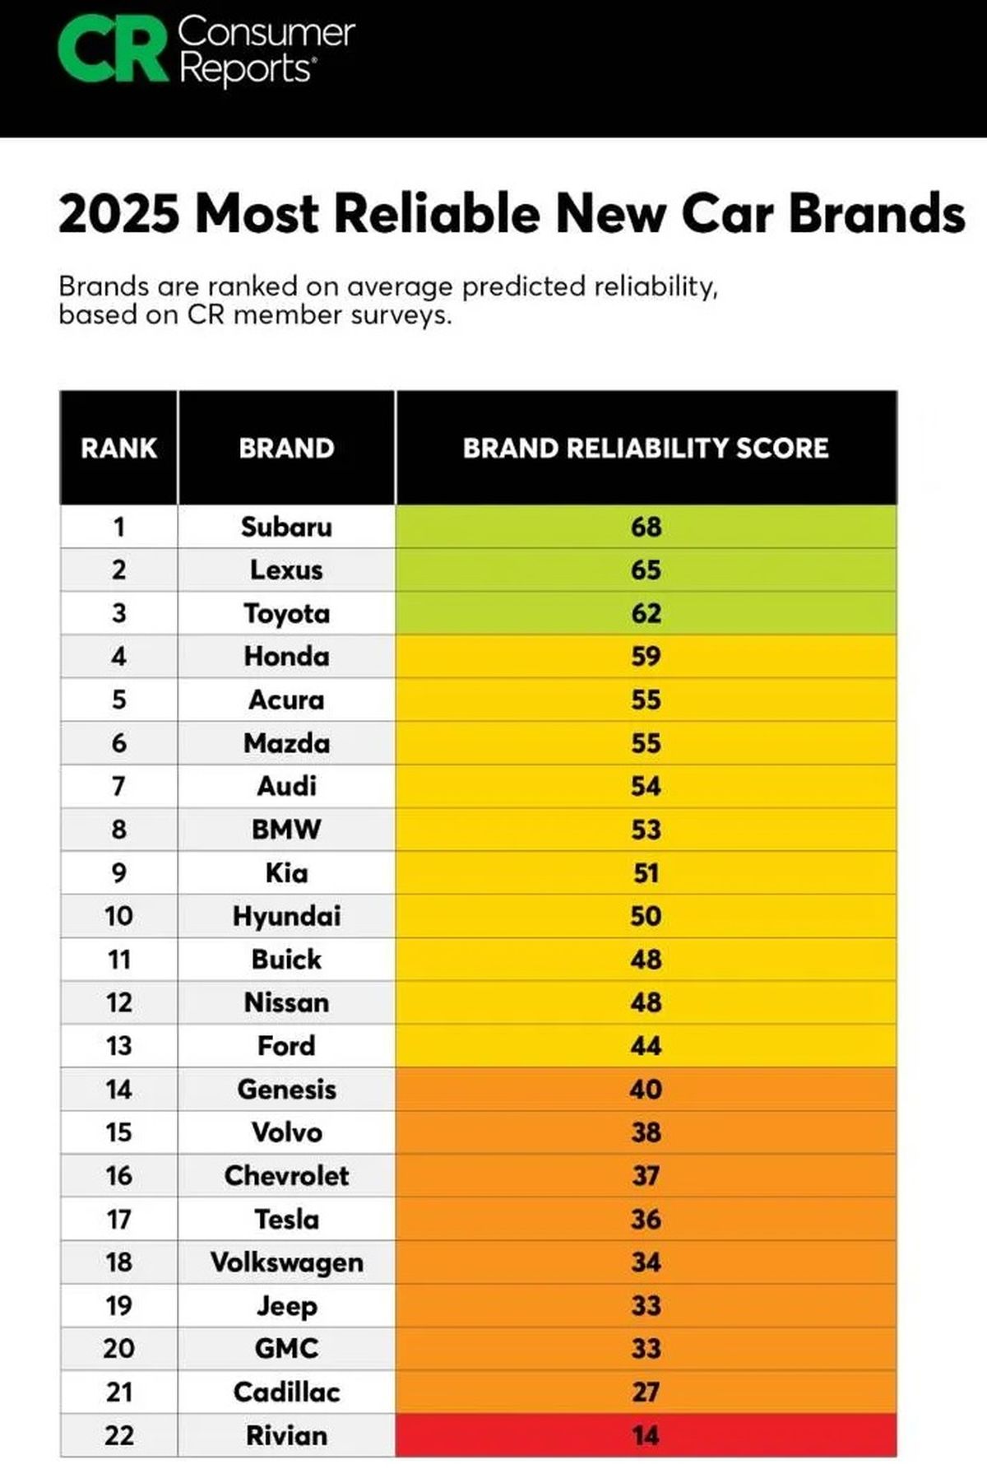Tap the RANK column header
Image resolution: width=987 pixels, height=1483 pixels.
tap(118, 449)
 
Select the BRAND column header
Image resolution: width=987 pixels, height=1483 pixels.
tap(286, 449)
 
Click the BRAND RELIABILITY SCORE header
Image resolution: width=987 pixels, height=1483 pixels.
tap(646, 449)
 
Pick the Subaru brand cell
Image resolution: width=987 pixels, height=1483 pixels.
tap(286, 527)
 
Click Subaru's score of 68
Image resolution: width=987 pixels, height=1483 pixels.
tap(646, 527)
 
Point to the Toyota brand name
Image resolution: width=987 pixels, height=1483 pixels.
tap(286, 614)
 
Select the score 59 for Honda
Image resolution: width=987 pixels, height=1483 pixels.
tap(646, 657)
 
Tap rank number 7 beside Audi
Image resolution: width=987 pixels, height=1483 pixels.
tap(118, 787)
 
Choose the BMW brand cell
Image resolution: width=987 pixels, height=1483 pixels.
tap(286, 830)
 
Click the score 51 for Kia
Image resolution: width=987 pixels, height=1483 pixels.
tap(646, 873)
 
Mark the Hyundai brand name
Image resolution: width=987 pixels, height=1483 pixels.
tap(286, 917)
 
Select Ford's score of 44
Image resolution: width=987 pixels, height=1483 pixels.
tap(646, 1046)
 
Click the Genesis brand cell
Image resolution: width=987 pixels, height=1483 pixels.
tap(286, 1090)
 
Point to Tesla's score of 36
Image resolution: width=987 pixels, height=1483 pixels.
tap(646, 1219)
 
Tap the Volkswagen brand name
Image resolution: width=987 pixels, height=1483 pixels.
tap(286, 1262)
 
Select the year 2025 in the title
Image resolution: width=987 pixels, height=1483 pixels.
tap(118, 214)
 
